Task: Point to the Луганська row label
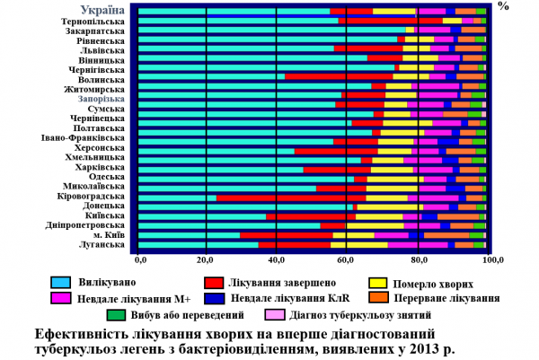pyautogui.click(x=100, y=243)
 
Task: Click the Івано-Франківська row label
pyautogui.click(x=84, y=139)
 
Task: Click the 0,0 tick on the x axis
pyautogui.click(x=140, y=259)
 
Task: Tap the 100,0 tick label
pyautogui.click(x=490, y=259)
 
